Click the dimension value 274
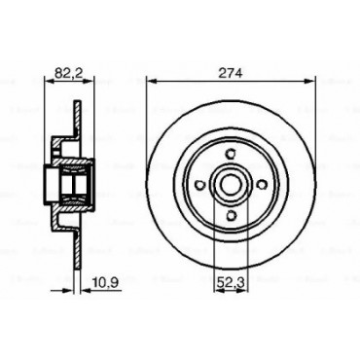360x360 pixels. point(231,73)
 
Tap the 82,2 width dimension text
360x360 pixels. point(68,73)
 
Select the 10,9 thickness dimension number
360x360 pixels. point(106,282)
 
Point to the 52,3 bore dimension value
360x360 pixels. point(231,283)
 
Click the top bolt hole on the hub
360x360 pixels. point(231,153)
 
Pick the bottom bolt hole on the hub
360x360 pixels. point(231,215)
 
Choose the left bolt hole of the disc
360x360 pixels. point(200,184)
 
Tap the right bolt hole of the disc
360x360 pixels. point(261,184)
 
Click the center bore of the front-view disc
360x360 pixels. point(231,184)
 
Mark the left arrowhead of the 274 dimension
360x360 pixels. point(152,81)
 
